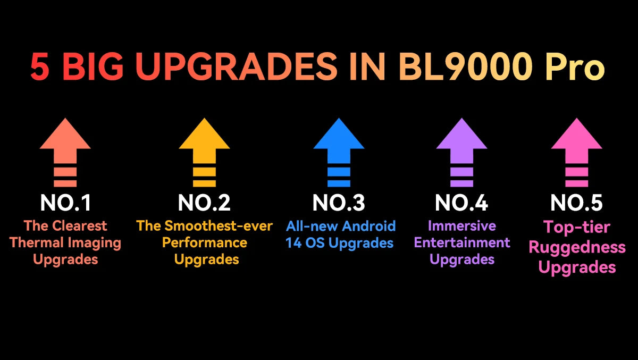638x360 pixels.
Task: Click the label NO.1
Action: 65,203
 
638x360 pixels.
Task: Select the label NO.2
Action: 204,203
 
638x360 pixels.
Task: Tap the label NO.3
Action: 339,203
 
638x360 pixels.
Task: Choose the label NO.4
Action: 461,203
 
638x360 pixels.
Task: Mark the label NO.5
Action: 576,203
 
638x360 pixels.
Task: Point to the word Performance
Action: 205,243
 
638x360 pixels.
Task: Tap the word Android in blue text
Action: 368,226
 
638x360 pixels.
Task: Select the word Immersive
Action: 462,226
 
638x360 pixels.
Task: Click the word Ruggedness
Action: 577,247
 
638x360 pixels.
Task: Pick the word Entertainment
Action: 462,243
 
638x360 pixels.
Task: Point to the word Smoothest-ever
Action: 218,226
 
